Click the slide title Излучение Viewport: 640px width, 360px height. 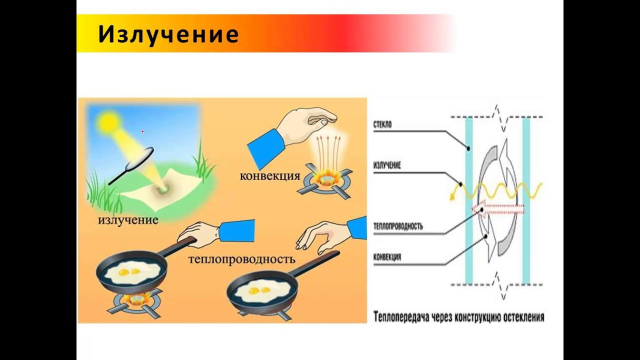pos(168,34)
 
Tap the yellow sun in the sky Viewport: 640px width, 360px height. pos(108,121)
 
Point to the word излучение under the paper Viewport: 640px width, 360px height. pos(128,219)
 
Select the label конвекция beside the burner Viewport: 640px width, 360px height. pos(270,175)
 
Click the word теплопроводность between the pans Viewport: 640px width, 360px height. pos(242,259)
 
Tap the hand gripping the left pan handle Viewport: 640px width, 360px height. pos(198,233)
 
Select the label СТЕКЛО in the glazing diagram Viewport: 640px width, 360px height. pos(382,124)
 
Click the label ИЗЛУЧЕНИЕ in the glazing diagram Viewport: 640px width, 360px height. pos(387,165)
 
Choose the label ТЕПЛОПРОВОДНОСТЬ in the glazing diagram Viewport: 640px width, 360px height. pos(398,226)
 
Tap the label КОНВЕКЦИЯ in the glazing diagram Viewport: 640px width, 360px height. pos(387,257)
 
